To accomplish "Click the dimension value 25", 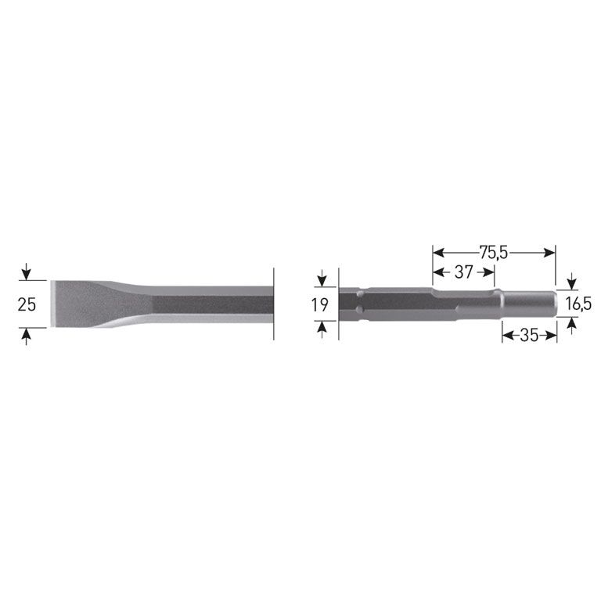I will tap(27, 305).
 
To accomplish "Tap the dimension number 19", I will tap(320, 305).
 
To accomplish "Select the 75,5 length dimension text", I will tap(494, 252).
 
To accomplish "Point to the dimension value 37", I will tap(463, 272).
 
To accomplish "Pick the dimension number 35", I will tap(528, 335).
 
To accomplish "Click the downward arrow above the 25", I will tap(27, 274).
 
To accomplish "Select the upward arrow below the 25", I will tap(27, 336).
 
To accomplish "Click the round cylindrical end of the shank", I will tap(528, 304).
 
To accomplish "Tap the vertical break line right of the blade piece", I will tap(274, 304).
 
